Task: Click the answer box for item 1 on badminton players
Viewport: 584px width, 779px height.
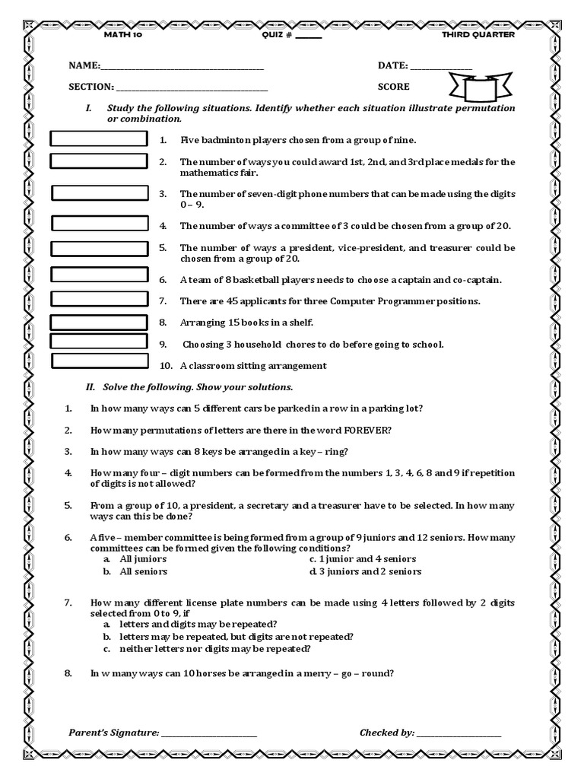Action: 99,138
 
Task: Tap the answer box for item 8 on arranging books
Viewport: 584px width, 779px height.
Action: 99,322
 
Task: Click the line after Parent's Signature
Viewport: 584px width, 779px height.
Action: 209,734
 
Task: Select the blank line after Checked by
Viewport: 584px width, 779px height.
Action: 459,734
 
